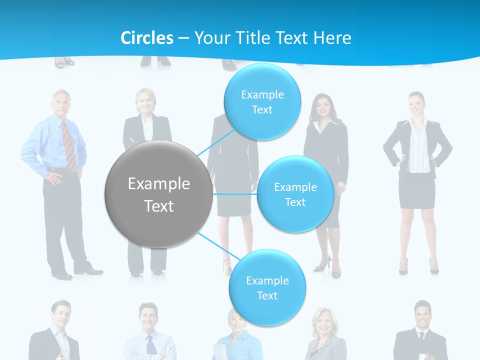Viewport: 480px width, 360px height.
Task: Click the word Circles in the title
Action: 147,38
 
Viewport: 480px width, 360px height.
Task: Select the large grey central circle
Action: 158,194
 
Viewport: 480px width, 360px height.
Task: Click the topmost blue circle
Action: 262,101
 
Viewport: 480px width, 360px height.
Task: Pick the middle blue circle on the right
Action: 295,194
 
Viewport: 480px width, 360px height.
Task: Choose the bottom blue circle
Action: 267,287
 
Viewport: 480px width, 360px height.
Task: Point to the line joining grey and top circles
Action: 216,140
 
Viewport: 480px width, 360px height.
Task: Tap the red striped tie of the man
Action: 69,145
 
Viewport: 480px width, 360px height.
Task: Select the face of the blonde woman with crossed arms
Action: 146,101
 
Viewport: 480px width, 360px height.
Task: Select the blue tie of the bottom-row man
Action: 150,345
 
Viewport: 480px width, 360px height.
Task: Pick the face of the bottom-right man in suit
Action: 422,315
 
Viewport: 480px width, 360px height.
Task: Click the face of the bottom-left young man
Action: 61,315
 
